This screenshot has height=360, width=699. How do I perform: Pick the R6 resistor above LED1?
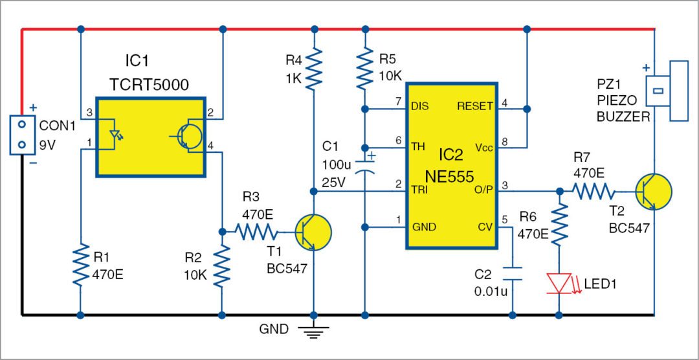(559, 224)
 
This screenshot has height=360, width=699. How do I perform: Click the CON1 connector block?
(22, 135)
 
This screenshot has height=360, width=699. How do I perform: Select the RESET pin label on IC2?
(475, 106)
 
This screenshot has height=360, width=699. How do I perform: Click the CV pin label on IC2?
(485, 227)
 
